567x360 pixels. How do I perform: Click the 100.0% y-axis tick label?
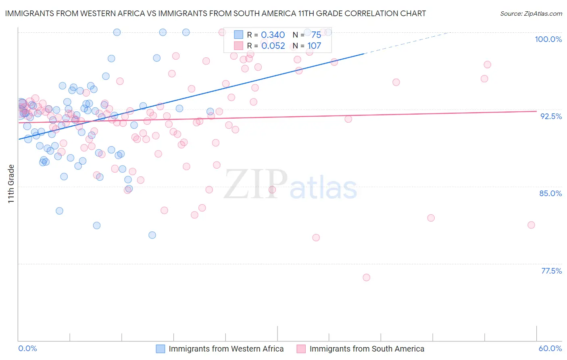click(548, 39)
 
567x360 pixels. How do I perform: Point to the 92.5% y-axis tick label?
click(551, 116)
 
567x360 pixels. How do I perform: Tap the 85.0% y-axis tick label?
click(550, 193)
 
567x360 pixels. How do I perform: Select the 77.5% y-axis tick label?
click(551, 271)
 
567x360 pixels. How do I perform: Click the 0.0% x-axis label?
click(27, 348)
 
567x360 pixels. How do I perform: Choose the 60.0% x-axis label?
click(550, 348)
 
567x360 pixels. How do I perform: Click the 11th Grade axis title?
click(11, 184)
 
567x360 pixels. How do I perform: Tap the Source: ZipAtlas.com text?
click(531, 13)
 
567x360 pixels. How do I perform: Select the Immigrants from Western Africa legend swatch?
click(161, 349)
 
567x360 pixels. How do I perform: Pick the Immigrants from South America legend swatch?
click(301, 349)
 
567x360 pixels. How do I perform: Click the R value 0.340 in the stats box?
click(273, 35)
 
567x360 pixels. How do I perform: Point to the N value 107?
click(314, 46)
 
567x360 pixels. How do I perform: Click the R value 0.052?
click(273, 46)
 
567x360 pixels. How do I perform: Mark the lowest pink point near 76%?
click(366, 277)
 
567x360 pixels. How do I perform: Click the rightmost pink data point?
click(531, 225)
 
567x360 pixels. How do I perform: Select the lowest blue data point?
click(152, 235)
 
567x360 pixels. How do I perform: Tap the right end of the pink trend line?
click(536, 111)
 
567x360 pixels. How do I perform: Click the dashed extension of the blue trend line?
click(407, 42)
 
